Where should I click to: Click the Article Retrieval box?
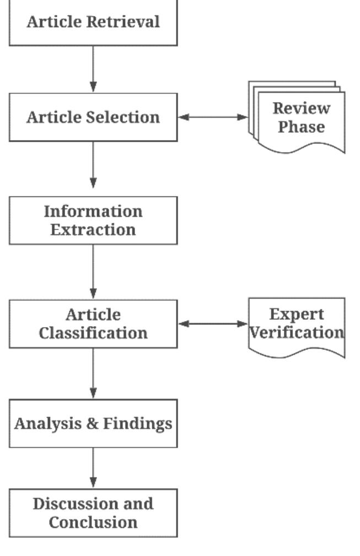pos(93,22)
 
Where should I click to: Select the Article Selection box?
pos(93,117)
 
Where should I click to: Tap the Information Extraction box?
pos(93,220)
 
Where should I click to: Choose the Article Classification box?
pos(93,324)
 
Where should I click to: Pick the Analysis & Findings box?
pos(93,424)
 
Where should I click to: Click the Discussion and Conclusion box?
pos(93,513)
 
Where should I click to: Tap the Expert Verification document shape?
pos(297,324)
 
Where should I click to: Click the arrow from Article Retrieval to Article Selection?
pos(93,69)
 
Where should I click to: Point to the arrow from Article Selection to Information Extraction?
pos(93,165)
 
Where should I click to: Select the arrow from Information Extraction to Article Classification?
pos(93,271)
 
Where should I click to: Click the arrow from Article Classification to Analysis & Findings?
pos(93,373)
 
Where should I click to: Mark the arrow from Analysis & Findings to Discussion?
pos(93,468)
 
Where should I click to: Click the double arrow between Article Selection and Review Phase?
pos(213,117)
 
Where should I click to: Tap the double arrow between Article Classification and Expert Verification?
pos(213,324)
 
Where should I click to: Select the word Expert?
pos(297,314)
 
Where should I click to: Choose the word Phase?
pos(301,127)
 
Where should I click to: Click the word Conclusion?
pos(93,522)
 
